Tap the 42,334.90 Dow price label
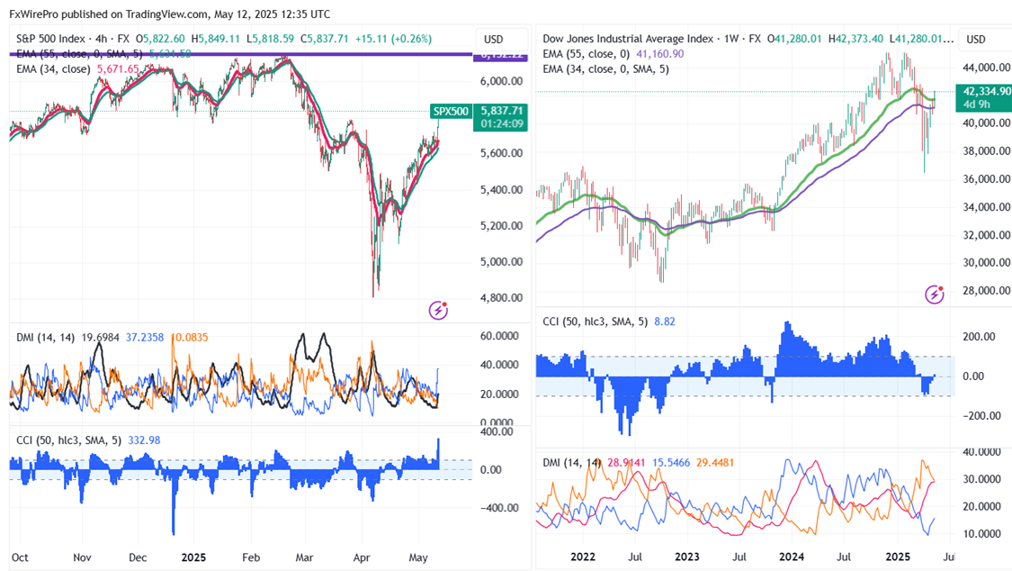tap(985, 91)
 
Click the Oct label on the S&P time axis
tap(21, 557)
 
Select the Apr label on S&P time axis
tap(362, 557)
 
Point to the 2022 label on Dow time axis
tap(582, 557)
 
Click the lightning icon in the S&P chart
tap(439, 310)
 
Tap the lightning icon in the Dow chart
tap(936, 294)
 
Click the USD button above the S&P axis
tap(493, 40)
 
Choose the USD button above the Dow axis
tap(976, 40)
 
